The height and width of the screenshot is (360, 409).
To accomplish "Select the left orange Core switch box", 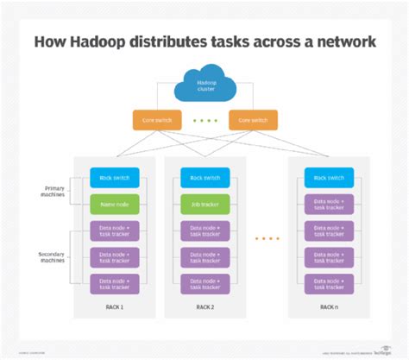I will coord(154,120).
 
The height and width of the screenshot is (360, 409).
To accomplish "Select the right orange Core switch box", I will coord(253,120).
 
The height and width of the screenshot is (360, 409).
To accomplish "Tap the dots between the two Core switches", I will coord(204,120).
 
